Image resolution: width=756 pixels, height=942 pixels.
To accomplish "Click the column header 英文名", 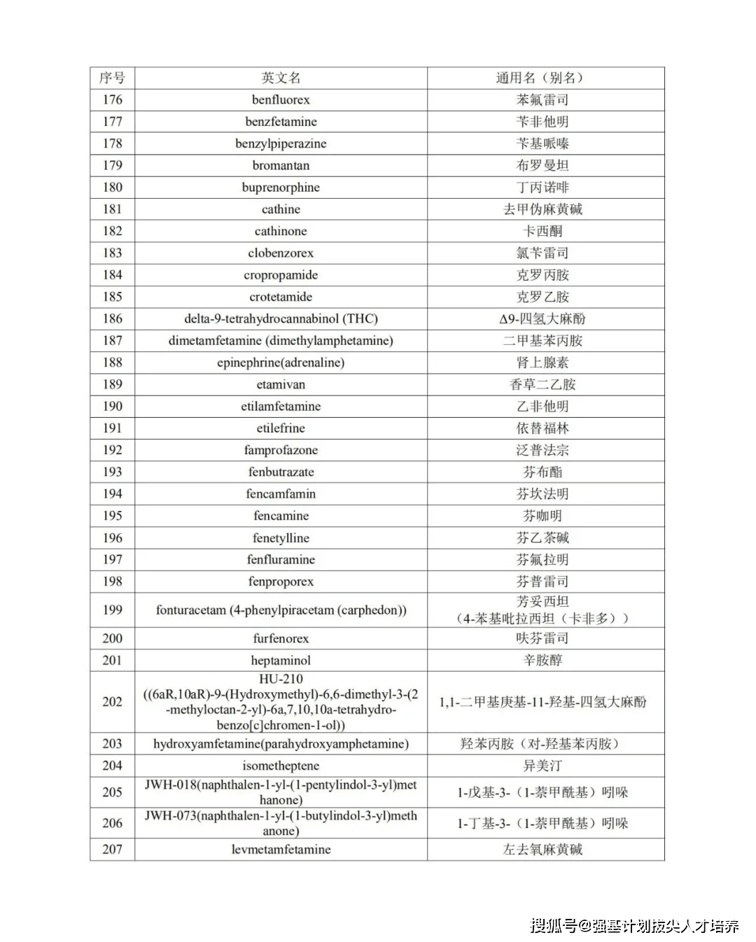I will click(x=281, y=78).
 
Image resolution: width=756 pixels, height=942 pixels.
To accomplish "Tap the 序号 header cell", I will click(x=112, y=78).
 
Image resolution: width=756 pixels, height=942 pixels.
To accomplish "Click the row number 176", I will click(x=112, y=99).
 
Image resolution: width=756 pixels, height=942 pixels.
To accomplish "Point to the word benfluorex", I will click(x=281, y=99).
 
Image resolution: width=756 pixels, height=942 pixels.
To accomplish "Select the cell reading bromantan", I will click(x=281, y=165).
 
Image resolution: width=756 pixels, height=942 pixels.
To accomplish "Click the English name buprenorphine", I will click(x=281, y=187).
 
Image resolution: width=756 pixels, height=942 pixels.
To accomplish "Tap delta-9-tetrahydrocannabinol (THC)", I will click(x=281, y=318).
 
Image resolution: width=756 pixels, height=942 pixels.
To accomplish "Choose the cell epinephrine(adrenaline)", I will click(x=281, y=363).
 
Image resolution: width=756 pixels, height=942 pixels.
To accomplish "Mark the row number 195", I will click(x=112, y=516).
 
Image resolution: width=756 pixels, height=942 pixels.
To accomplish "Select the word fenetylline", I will click(x=281, y=537).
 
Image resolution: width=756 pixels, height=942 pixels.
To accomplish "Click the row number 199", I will click(x=112, y=610).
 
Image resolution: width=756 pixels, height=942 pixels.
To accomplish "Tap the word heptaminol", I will click(x=281, y=660).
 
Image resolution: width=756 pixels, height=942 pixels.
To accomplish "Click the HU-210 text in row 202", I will click(x=281, y=679).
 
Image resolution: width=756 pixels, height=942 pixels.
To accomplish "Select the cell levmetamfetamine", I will click(x=281, y=849).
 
